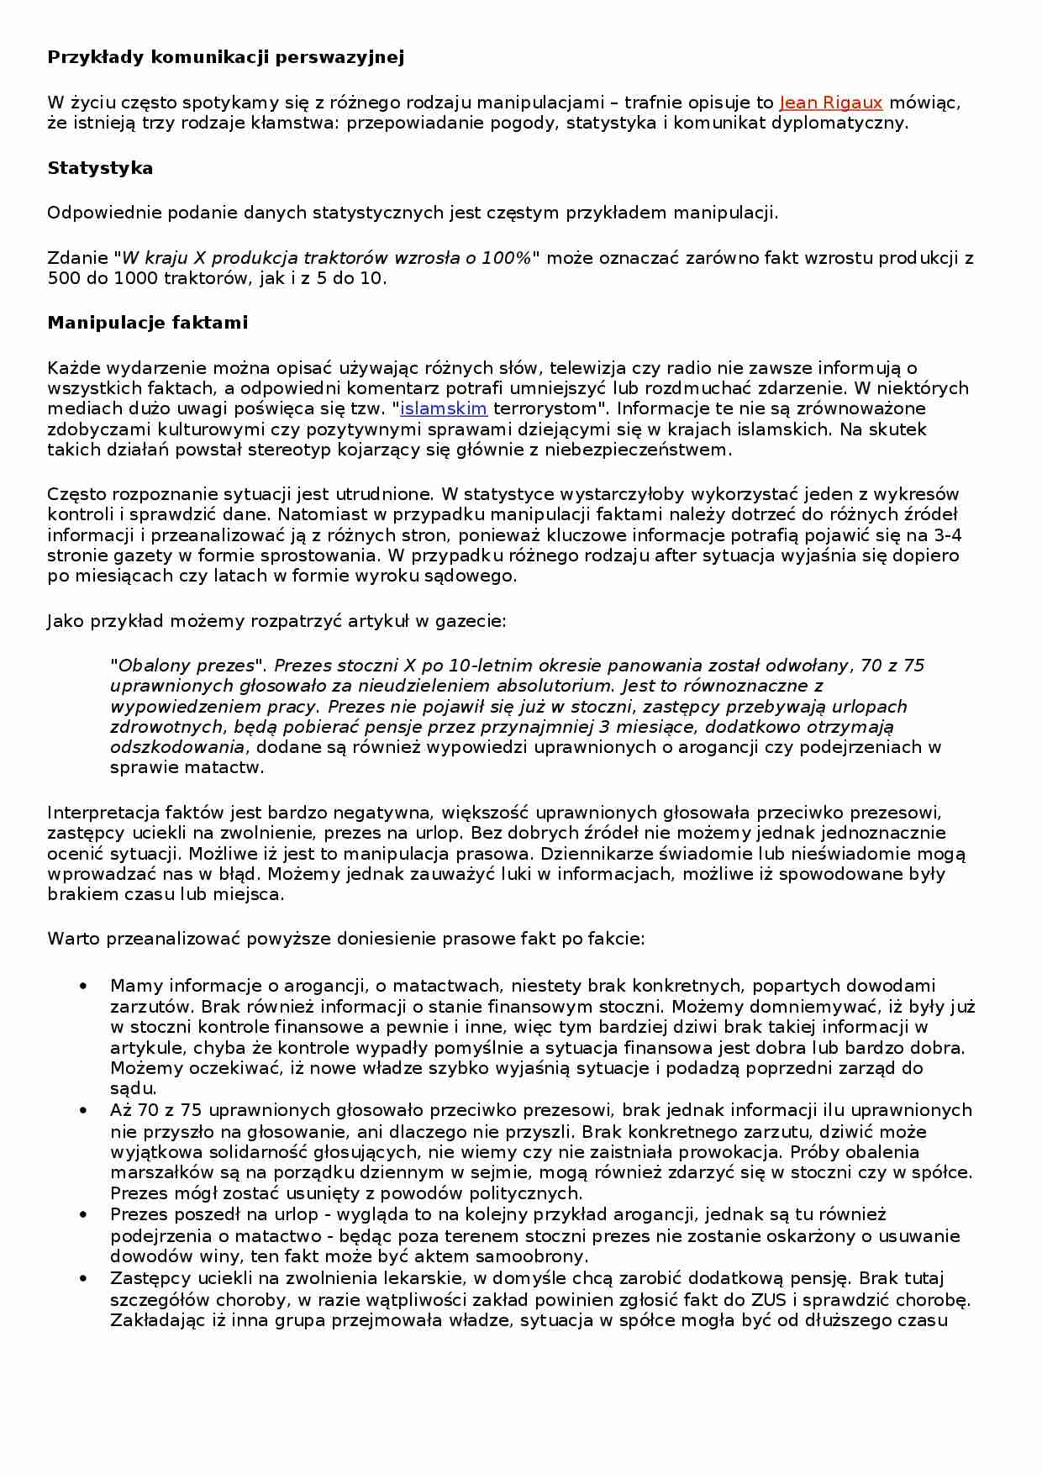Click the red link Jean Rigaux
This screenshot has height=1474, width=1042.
pyautogui.click(x=830, y=103)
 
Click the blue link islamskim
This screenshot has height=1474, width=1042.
pyautogui.click(x=444, y=408)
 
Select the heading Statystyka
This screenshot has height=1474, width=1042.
pyautogui.click(x=100, y=168)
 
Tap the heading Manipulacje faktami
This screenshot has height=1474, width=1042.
pyautogui.click(x=147, y=323)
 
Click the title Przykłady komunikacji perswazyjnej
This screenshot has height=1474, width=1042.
pyautogui.click(x=225, y=57)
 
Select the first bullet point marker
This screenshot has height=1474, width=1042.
pyautogui.click(x=83, y=986)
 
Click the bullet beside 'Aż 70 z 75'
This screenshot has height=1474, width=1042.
pyautogui.click(x=83, y=1111)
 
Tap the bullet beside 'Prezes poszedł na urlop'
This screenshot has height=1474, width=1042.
pyautogui.click(x=83, y=1215)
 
